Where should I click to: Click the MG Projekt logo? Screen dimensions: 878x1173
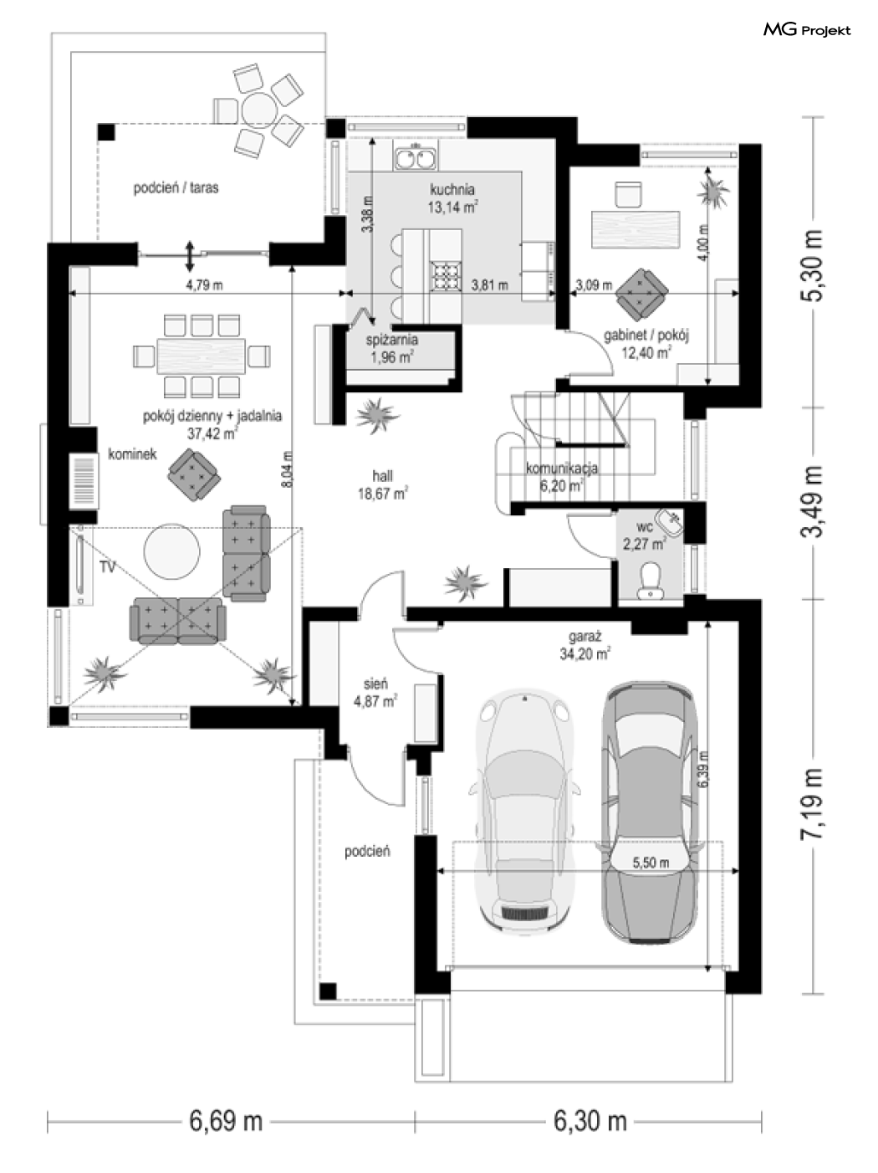(806, 30)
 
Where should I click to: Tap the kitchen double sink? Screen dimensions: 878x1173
(416, 156)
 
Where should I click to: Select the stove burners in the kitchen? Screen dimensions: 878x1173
(446, 276)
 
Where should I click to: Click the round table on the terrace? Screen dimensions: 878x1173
(258, 110)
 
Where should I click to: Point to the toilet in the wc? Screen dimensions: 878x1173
(651, 581)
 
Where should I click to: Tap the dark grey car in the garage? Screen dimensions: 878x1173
(649, 812)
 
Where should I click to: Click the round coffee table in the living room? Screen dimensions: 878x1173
(172, 551)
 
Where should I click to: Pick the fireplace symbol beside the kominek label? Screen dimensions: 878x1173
(84, 481)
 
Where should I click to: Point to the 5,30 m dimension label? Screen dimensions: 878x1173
(812, 266)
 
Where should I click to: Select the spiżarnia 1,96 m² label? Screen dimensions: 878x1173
(391, 348)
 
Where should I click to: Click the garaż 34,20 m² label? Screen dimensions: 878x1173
(585, 645)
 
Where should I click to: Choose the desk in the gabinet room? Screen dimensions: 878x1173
(636, 230)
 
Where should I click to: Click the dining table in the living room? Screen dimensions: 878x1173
(202, 356)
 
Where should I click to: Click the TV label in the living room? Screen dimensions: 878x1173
(107, 567)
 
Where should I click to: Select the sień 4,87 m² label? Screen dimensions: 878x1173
(375, 693)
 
